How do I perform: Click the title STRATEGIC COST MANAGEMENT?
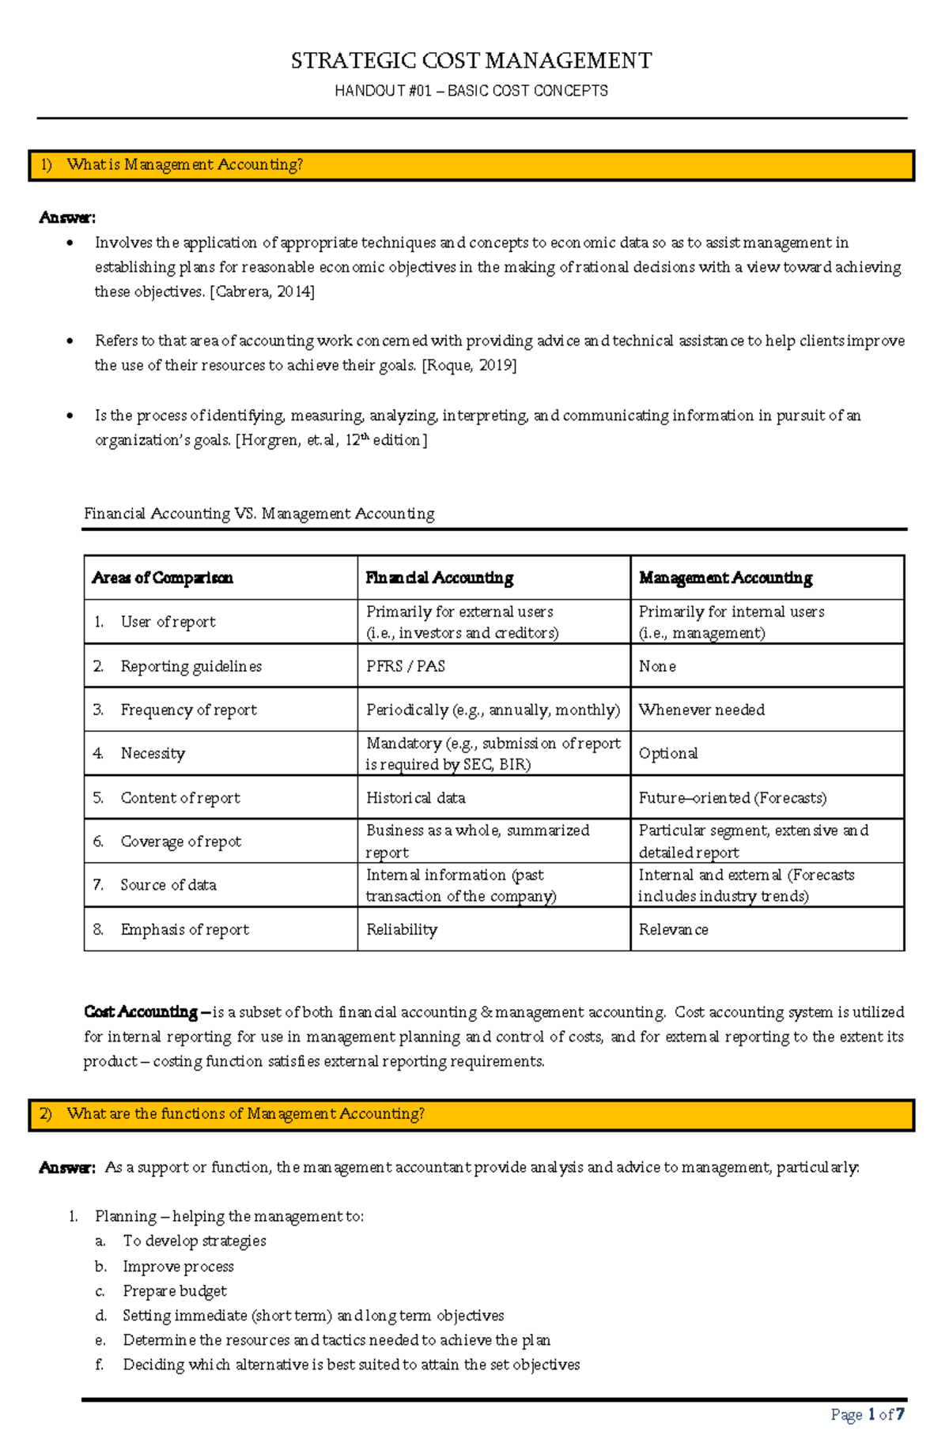coord(471,61)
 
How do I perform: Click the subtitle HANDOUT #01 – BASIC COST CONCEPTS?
coord(471,91)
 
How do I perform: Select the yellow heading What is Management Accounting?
coord(184,165)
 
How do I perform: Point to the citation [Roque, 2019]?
coord(469,365)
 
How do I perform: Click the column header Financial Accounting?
coord(439,578)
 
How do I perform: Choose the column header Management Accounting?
coord(725,578)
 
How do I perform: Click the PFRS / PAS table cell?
coord(406,666)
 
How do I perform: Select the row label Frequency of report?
coord(188,710)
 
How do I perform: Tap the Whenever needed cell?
coord(701,710)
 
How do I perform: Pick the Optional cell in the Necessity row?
coord(668,753)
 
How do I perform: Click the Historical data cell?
coord(416,798)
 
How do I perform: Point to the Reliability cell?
coord(402,929)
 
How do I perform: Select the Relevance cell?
coord(674,929)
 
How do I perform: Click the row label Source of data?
coord(168,885)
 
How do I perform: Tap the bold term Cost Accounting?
coord(141,1012)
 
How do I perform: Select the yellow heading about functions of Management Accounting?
coord(245,1114)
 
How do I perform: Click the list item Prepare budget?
coord(175,1291)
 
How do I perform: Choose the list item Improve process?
coord(178,1267)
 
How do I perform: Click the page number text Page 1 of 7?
coord(868,1414)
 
